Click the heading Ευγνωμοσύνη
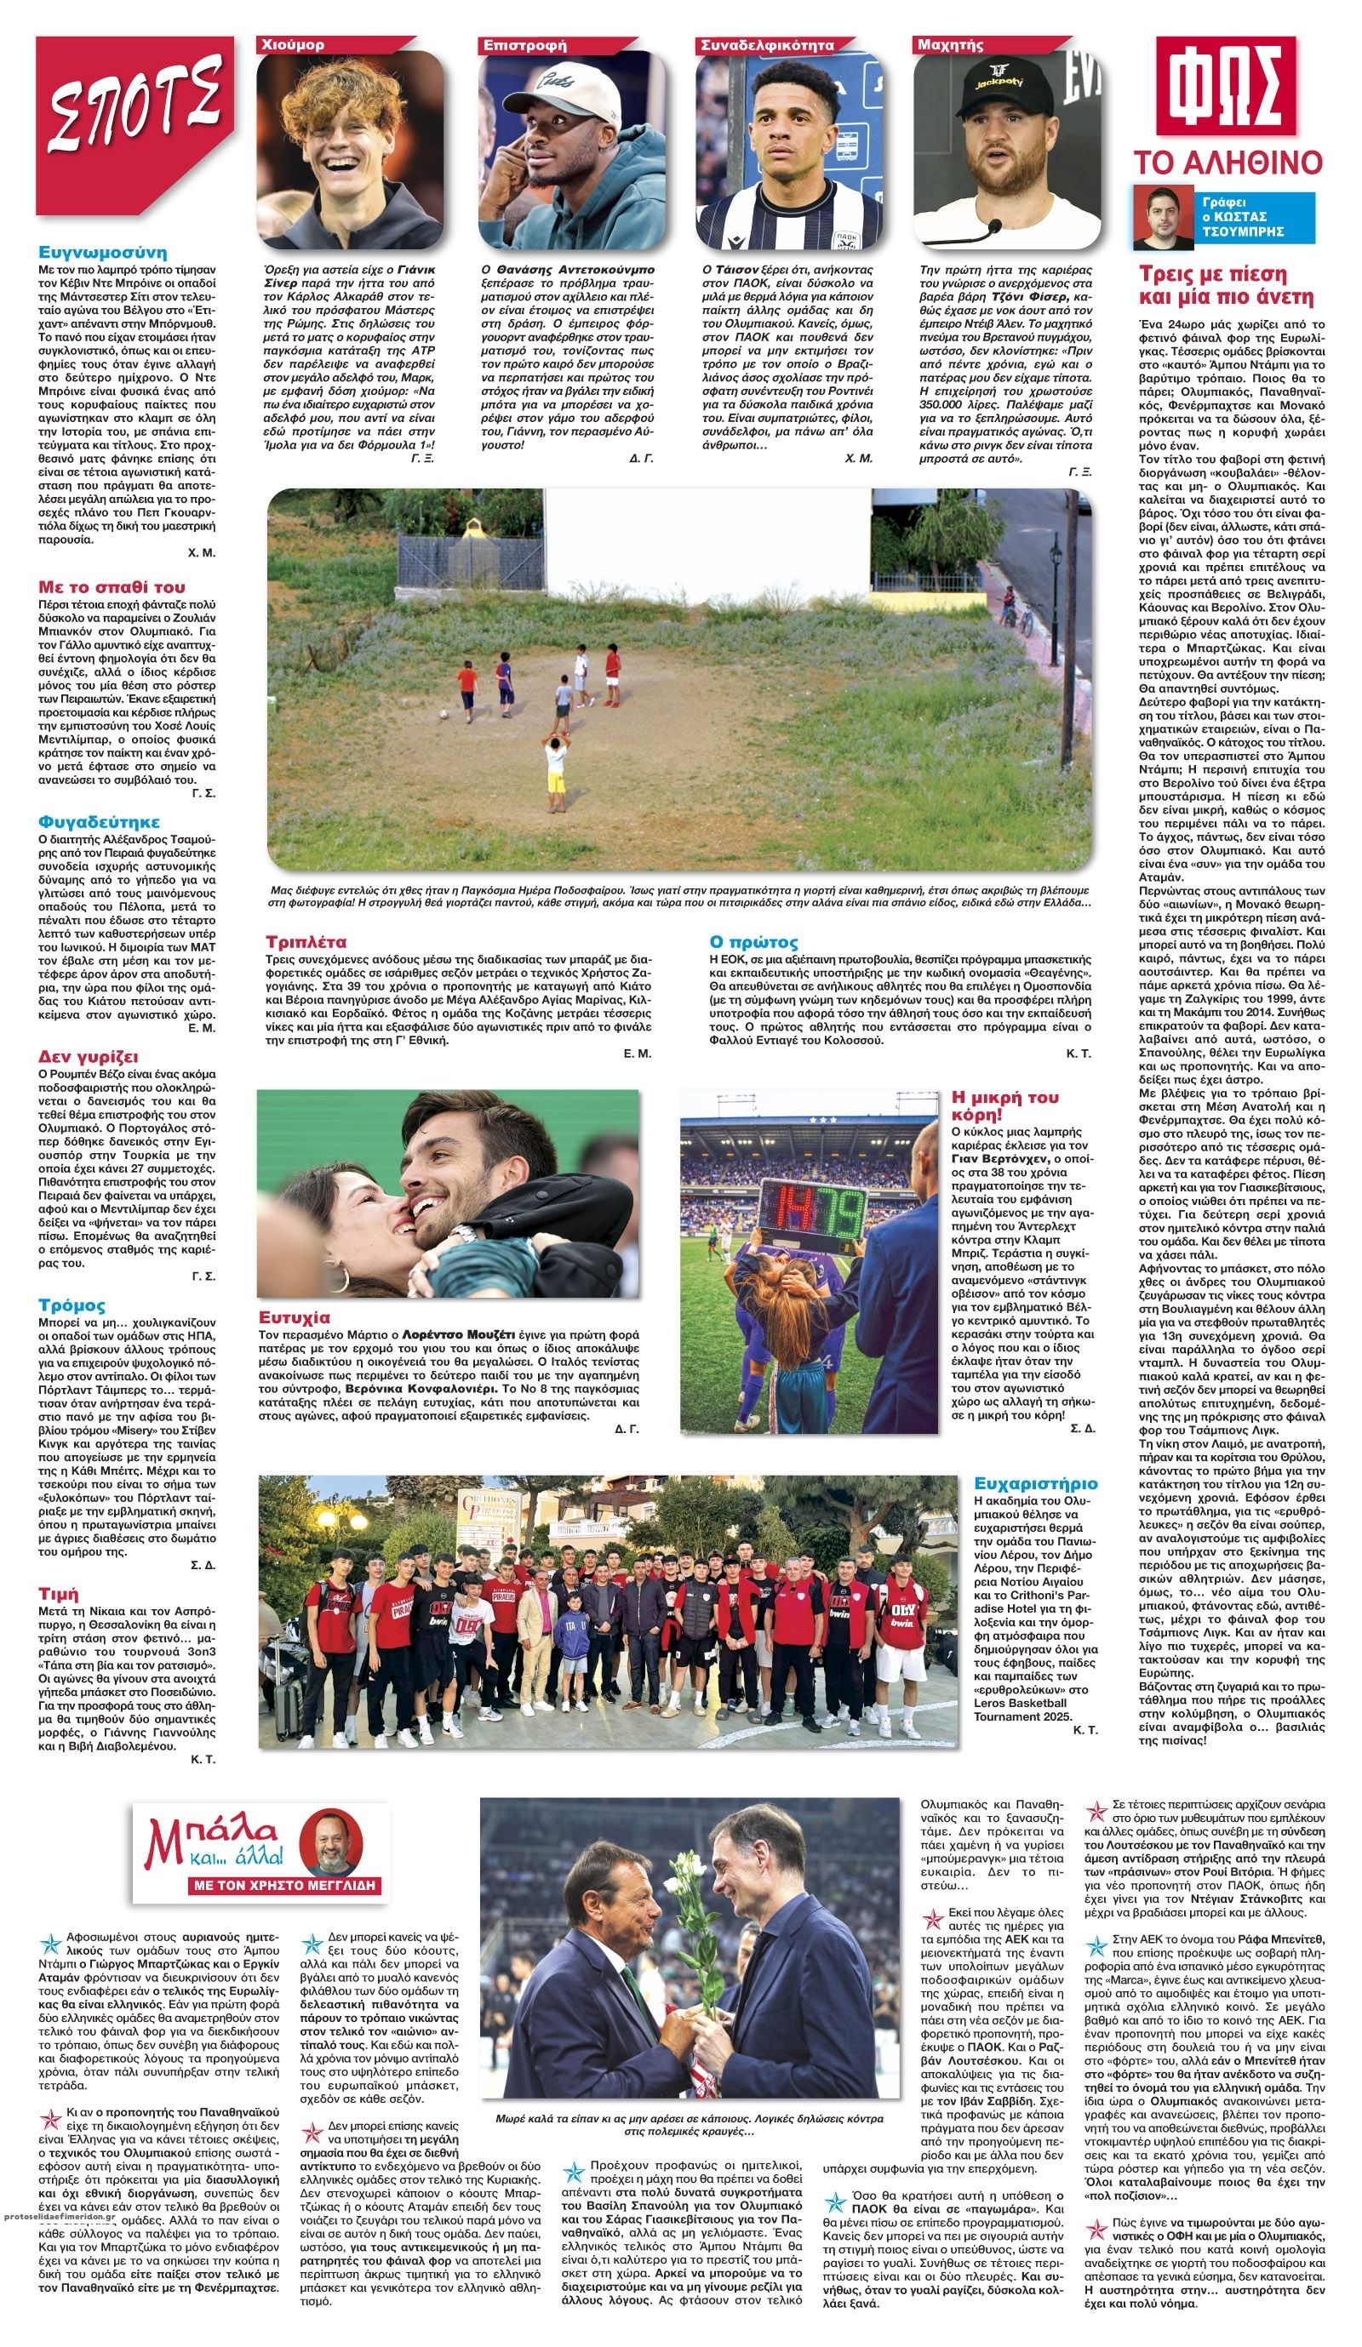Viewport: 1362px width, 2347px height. [x=102, y=253]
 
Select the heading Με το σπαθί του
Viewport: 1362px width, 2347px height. [x=112, y=587]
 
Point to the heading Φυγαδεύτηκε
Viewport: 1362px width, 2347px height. [x=99, y=821]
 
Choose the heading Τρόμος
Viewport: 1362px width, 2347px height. [x=72, y=1305]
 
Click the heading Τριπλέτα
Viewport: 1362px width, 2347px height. [x=306, y=941]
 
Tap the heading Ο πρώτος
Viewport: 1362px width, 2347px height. [x=753, y=941]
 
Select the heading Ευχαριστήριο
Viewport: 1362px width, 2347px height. [x=1035, y=1482]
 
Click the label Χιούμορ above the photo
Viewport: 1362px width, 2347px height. [x=294, y=45]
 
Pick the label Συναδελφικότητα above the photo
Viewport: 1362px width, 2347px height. [x=767, y=45]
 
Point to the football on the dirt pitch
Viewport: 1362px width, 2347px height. [x=443, y=716]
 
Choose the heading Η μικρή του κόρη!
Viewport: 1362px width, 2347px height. [x=1004, y=1105]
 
